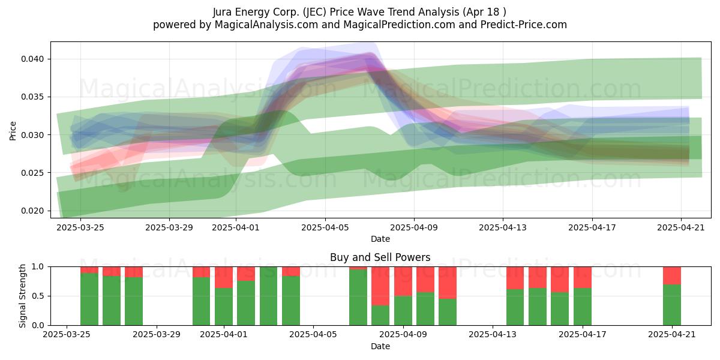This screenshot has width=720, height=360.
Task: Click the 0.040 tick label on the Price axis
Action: click(32, 59)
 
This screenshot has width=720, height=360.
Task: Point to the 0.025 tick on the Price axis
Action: click(32, 173)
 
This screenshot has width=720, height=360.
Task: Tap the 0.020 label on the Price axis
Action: click(32, 211)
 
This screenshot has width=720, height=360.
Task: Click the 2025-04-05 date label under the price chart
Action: click(325, 228)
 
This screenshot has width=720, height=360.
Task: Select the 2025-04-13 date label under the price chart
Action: click(503, 228)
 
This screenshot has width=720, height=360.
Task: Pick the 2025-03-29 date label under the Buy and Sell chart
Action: click(157, 335)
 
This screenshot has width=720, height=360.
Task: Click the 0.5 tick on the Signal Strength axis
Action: click(38, 296)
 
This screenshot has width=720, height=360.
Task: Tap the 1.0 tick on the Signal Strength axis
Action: click(38, 267)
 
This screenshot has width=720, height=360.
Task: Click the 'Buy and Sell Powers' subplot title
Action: click(380, 257)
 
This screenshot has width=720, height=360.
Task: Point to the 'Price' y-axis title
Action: click(13, 131)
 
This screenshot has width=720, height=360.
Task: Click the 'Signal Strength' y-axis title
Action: click(23, 296)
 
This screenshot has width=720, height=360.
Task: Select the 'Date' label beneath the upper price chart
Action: click(380, 239)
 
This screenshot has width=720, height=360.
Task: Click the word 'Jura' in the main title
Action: click(223, 12)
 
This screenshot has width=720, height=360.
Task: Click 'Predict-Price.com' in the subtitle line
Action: click(524, 25)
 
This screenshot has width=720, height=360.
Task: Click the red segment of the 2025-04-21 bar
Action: click(672, 276)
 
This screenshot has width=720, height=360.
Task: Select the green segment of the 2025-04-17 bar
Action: click(583, 307)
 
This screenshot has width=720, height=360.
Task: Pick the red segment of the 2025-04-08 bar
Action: click(380, 286)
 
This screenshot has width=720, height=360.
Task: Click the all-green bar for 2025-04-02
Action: click(268, 296)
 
